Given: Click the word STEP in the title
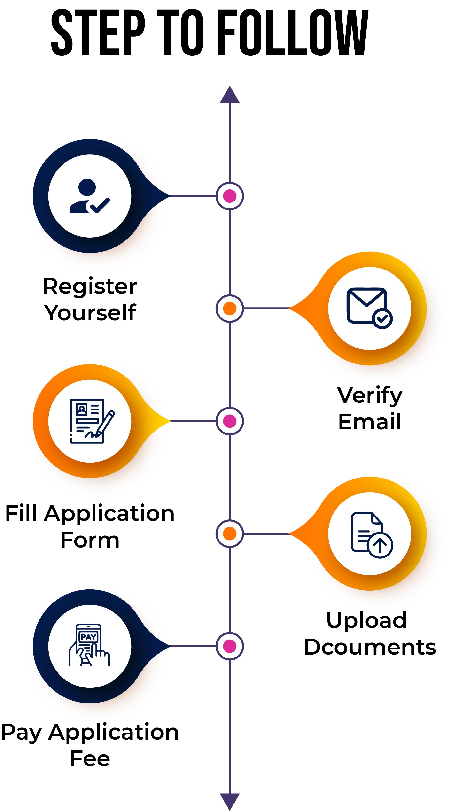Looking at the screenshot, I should coord(98,33).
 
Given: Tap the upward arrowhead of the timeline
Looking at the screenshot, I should coord(230,95).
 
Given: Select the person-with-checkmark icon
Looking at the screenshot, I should coord(90,196).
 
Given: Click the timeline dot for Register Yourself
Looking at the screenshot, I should coord(230,196).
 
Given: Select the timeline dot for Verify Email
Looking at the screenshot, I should coord(230,308).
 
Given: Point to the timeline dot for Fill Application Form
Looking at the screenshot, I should coord(230,421).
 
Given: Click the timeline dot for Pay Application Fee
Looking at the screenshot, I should coord(230,646).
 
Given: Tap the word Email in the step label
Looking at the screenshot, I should coord(370,421).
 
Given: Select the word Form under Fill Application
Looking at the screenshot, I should coord(90,540).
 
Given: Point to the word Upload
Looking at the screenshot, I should coord(367,620).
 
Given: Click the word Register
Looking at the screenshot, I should coord(90,286).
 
